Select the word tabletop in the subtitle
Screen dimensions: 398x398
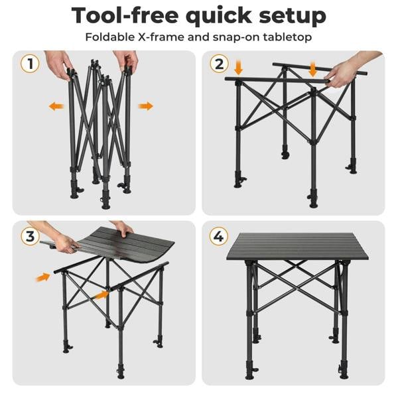[x=285, y=37]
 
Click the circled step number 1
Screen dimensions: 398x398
[x=29, y=64]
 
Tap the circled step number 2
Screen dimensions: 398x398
[x=219, y=64]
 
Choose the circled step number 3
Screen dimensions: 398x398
[x=29, y=236]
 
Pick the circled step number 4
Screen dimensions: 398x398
[x=219, y=236]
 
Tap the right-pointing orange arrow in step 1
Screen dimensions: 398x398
[x=146, y=106]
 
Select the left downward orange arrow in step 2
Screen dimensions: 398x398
[x=239, y=67]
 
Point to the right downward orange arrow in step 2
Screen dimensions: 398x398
[x=312, y=68]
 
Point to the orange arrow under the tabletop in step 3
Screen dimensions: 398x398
[x=101, y=293]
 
